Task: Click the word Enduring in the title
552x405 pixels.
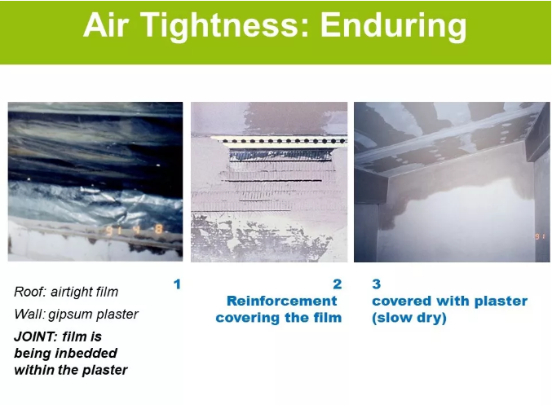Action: [x=393, y=26]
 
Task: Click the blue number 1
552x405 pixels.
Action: [x=177, y=284]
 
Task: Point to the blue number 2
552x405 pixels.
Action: [x=338, y=284]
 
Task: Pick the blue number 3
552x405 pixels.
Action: [x=377, y=284]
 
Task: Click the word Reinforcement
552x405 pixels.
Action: [x=282, y=301]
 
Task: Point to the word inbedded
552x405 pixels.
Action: [x=86, y=354]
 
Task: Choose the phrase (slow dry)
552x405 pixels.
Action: [x=409, y=318]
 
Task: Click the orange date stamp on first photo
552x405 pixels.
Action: [x=135, y=230]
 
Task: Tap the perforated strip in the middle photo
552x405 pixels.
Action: [x=280, y=141]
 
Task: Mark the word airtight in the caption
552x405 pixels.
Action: [x=73, y=292]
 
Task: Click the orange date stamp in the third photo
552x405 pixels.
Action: [x=541, y=236]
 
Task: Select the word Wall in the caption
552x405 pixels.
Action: [x=29, y=314]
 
